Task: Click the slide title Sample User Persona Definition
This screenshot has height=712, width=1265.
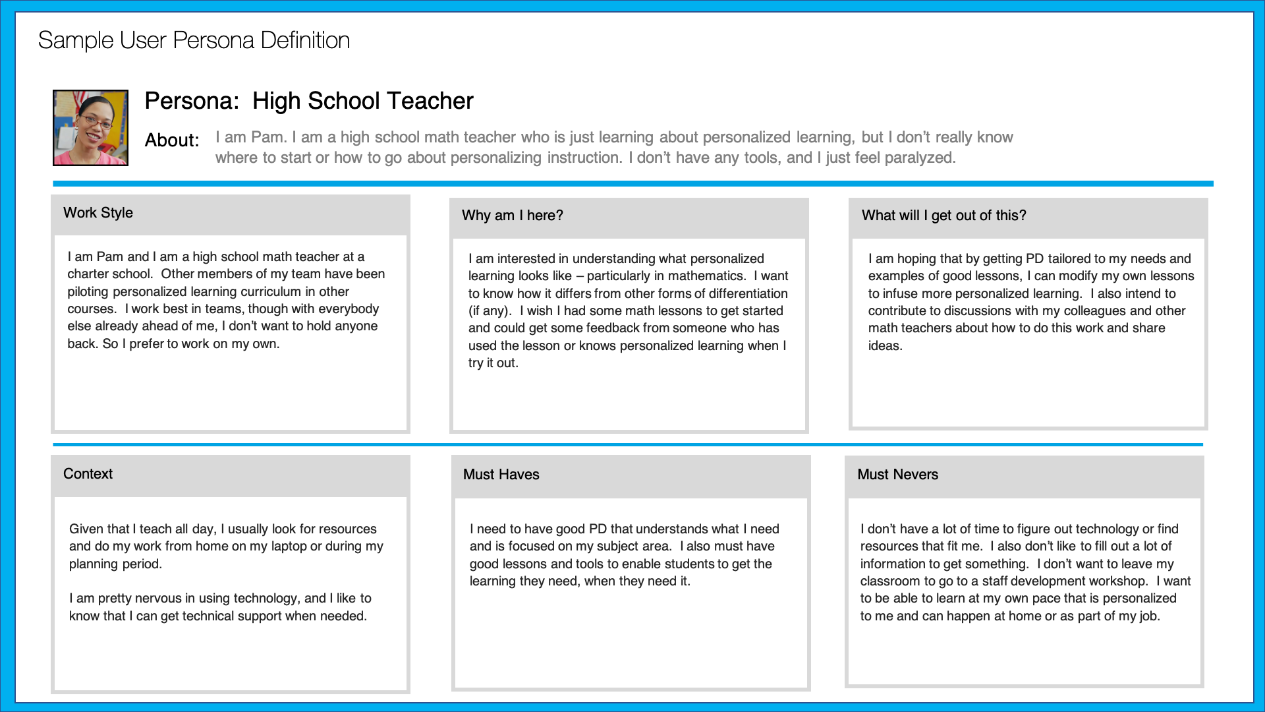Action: pos(194,40)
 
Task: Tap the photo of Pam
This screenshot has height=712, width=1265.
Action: pos(90,128)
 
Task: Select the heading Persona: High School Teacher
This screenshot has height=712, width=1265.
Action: pos(308,101)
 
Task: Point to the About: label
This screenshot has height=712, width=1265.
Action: pos(172,140)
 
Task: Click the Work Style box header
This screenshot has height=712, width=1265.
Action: pos(98,213)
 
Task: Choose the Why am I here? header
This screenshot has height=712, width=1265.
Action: pos(512,216)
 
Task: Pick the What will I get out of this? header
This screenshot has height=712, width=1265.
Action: pos(943,216)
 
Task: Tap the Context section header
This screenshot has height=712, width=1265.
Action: pos(88,474)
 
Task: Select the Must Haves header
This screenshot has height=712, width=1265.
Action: pos(501,475)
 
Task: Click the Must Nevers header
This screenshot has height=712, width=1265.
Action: pos(897,475)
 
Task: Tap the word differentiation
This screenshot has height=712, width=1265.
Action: pos(748,293)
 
